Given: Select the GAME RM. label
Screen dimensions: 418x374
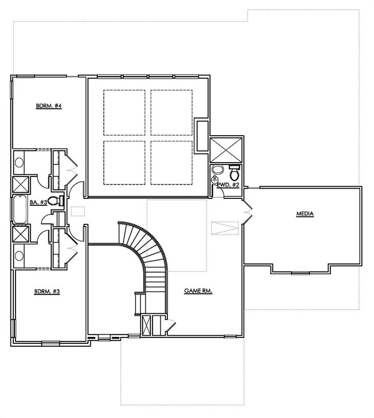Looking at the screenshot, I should [x=199, y=292].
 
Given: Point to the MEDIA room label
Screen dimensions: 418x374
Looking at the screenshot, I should [x=304, y=214].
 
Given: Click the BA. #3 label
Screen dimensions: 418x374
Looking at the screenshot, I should [x=39, y=201].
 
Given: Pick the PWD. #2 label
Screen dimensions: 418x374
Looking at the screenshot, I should [x=227, y=185].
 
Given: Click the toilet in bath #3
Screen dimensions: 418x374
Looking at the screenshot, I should [x=54, y=201].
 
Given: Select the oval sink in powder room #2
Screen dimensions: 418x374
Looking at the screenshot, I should [x=216, y=170].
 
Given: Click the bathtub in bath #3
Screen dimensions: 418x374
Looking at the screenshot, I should [x=19, y=209].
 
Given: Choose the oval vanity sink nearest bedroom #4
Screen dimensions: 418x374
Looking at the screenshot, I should [x=18, y=163].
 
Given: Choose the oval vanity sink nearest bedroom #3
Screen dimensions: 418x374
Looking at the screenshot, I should [x=18, y=255].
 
